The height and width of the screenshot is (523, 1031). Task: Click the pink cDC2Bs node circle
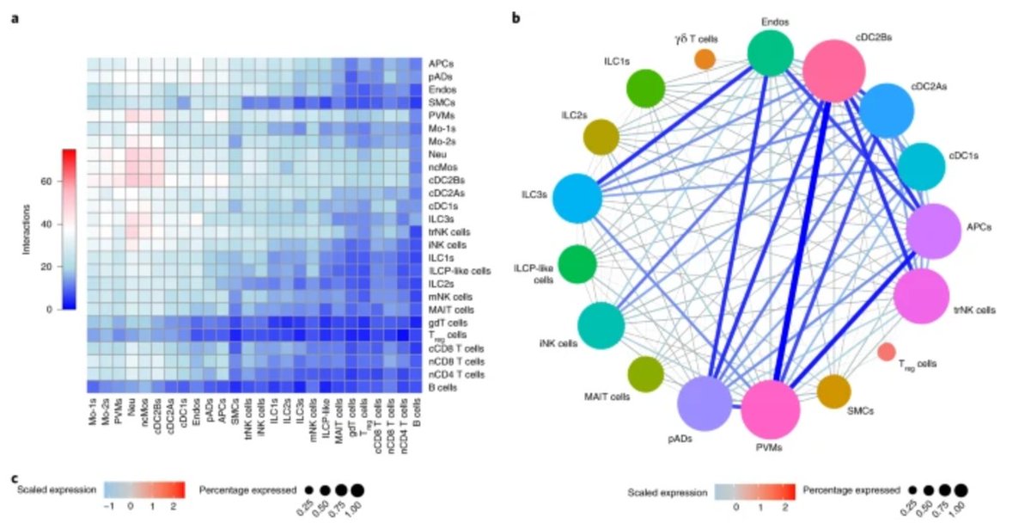(x=834, y=71)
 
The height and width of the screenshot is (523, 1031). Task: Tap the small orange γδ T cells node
(x=705, y=59)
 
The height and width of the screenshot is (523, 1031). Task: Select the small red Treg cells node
(x=887, y=352)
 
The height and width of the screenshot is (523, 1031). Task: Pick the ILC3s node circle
(x=577, y=199)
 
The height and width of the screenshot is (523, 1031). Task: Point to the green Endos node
(x=771, y=53)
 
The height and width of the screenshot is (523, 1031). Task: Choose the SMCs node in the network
(x=833, y=391)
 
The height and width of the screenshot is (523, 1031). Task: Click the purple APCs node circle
(x=934, y=231)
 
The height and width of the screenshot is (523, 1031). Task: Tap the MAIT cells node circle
(x=645, y=374)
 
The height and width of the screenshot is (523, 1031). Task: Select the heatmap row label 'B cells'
(x=442, y=388)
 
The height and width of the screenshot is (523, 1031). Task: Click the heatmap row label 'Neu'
(x=436, y=154)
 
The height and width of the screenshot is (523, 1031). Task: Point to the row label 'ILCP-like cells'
(x=460, y=271)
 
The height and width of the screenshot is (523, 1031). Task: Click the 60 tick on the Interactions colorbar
(x=46, y=182)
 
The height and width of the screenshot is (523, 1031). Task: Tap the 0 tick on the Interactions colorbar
(x=49, y=310)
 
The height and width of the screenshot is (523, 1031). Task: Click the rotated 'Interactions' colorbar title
(x=27, y=230)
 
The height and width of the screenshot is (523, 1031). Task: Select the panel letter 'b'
(x=516, y=18)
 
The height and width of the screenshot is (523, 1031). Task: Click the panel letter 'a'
(x=15, y=19)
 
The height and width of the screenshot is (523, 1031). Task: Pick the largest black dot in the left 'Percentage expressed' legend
(x=357, y=490)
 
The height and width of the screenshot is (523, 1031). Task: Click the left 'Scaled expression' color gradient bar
(x=144, y=489)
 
